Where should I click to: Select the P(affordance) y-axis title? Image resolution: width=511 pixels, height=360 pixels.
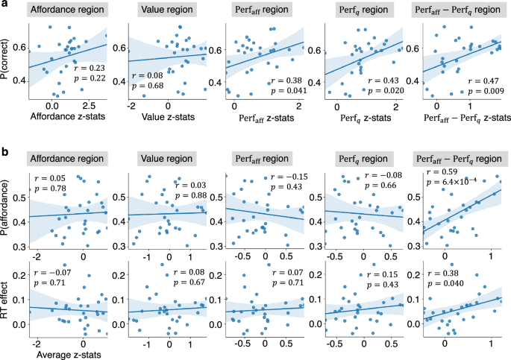coord(7,212)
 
